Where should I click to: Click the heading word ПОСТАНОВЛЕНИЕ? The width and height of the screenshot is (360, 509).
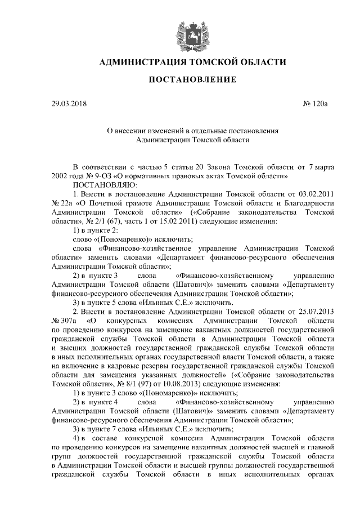(192, 80)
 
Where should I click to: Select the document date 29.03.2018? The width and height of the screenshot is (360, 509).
(69, 104)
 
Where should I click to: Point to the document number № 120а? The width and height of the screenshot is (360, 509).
(318, 104)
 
